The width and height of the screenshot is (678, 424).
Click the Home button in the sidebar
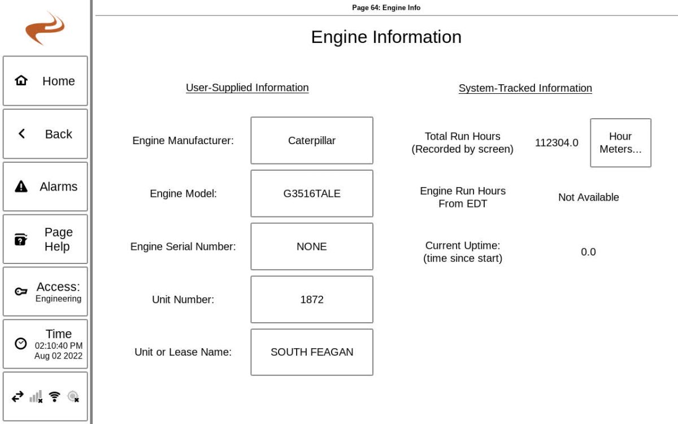click(x=45, y=81)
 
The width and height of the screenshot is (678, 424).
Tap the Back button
click(x=45, y=134)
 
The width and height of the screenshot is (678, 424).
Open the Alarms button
click(x=45, y=187)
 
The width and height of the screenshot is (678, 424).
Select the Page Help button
click(x=45, y=239)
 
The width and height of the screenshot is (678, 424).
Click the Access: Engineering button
click(x=45, y=292)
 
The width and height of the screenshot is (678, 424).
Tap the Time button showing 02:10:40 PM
click(x=45, y=344)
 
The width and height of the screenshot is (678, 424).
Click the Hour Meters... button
click(x=620, y=142)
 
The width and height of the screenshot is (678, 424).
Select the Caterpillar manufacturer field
click(x=312, y=140)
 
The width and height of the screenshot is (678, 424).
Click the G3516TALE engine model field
click(x=312, y=193)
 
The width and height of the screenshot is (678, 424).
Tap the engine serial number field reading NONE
click(x=312, y=246)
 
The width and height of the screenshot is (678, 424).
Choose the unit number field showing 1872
click(x=312, y=299)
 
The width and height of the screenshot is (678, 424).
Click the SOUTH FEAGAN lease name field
click(x=312, y=352)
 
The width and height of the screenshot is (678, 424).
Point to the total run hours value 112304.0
click(x=557, y=143)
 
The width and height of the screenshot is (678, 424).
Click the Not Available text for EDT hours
click(x=588, y=197)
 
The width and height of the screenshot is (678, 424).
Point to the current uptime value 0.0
click(x=588, y=252)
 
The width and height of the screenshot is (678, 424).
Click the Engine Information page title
click(x=386, y=37)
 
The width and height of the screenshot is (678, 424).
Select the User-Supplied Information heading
click(x=247, y=88)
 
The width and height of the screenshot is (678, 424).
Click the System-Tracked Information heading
click(x=525, y=88)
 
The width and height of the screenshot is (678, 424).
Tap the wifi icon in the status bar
click(x=54, y=397)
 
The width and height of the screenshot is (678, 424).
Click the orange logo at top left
click(x=45, y=28)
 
